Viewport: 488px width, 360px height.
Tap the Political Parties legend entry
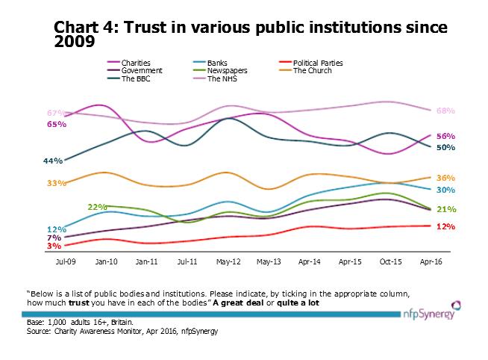coord(316,63)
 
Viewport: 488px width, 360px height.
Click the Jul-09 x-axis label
coord(66,263)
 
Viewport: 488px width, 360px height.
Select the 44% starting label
coord(53,161)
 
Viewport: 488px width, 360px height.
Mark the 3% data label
coord(54,246)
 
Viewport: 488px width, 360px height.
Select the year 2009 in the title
coord(75,42)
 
